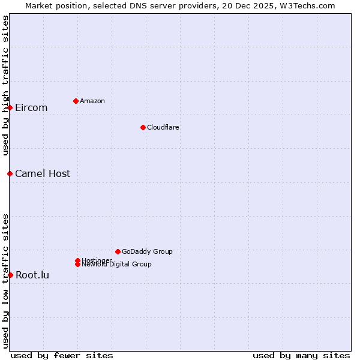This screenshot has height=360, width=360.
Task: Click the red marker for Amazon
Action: [76, 101]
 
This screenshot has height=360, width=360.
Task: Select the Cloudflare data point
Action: [143, 127]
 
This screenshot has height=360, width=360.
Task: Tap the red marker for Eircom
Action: [10, 107]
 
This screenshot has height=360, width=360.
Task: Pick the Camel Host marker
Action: [10, 173]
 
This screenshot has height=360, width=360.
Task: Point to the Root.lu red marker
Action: [10, 275]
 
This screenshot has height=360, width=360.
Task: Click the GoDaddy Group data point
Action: [118, 251]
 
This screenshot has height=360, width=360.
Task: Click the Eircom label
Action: [31, 108]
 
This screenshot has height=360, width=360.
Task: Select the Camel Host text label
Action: [43, 174]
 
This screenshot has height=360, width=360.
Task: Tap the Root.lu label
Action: [32, 275]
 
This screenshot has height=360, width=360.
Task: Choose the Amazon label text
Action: [92, 101]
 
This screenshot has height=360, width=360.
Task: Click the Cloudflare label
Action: [163, 127]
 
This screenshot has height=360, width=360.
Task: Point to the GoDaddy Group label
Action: [147, 251]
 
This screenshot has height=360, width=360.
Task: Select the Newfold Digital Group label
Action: [117, 265]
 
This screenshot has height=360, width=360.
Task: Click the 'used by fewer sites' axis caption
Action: [62, 355]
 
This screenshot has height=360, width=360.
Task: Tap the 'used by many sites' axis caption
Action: [301, 355]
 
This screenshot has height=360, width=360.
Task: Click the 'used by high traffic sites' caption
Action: [5, 85]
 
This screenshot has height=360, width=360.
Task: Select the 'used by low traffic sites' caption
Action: [5, 281]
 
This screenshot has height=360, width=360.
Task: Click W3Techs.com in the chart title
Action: [308, 5]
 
